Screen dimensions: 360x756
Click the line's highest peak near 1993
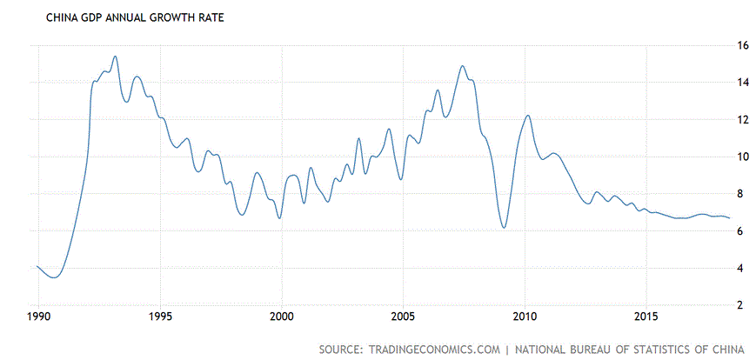[115, 57]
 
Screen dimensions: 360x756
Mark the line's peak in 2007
[462, 66]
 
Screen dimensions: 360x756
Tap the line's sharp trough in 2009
[504, 228]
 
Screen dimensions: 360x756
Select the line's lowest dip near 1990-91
[55, 277]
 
